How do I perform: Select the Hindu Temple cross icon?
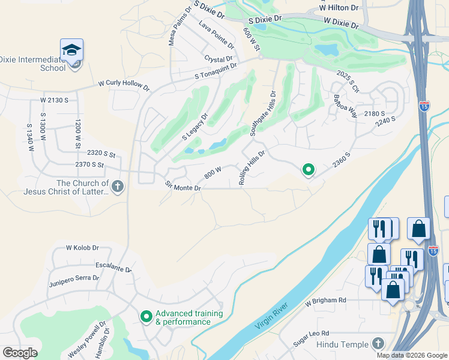click(378, 343)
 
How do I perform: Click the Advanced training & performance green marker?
click(146, 316)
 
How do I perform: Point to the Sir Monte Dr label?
click(182, 188)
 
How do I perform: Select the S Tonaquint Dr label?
click(216, 71)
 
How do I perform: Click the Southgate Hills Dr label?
click(262, 114)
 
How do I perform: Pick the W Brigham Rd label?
click(325, 300)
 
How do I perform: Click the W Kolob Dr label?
click(82, 247)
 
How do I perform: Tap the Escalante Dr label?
click(113, 266)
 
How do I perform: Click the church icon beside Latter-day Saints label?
click(117, 187)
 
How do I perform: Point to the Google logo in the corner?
click(20, 353)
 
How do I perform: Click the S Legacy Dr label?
click(194, 127)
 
